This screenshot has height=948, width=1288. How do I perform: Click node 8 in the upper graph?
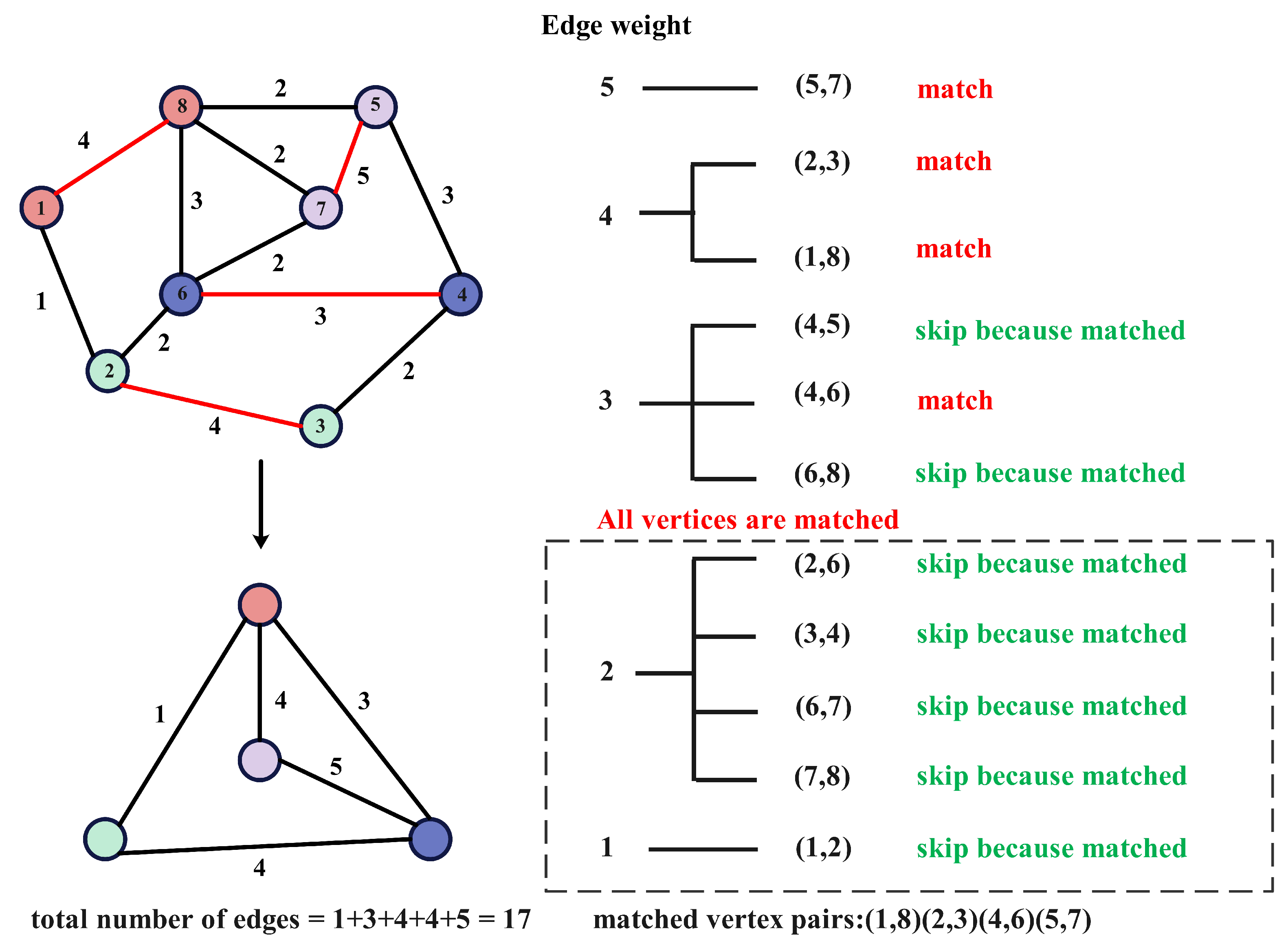[x=181, y=107]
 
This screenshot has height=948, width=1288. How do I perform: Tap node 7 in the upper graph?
[x=321, y=208]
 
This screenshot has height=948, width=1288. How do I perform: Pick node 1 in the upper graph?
[x=41, y=207]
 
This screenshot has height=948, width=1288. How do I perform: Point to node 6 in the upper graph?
[x=181, y=294]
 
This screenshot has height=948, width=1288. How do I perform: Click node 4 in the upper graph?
[x=461, y=294]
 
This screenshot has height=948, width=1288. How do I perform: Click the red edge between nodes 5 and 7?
[x=348, y=157]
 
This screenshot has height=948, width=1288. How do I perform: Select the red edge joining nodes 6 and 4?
[x=321, y=294]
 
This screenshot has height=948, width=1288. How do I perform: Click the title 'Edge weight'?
[x=616, y=25]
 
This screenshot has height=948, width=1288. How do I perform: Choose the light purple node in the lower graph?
[x=259, y=760]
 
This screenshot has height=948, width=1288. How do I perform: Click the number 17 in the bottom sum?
[x=517, y=919]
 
